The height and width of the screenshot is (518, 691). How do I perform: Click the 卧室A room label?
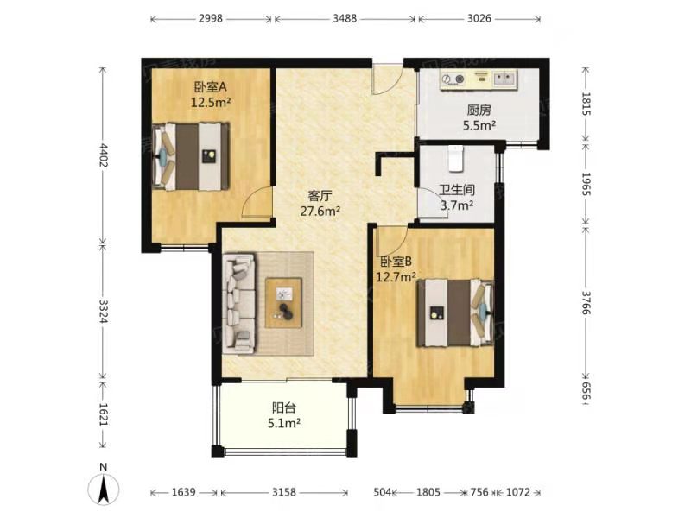click(x=210, y=86)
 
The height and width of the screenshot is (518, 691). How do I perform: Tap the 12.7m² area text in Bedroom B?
click(x=396, y=277)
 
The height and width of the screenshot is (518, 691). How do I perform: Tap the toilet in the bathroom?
click(x=455, y=158)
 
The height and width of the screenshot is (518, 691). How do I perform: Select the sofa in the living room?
click(x=240, y=302)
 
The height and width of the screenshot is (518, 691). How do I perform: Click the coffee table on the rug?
click(x=284, y=302)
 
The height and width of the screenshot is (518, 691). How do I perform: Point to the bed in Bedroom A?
click(x=192, y=155)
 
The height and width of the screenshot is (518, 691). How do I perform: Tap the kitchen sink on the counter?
click(x=505, y=80)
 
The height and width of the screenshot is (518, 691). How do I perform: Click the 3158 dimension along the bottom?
click(x=284, y=493)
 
